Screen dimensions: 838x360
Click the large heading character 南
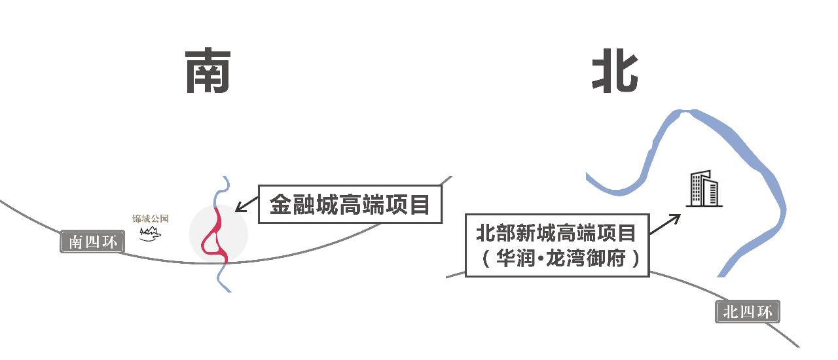(208, 71)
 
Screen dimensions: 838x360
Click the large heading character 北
(615, 71)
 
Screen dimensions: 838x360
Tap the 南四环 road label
(92, 242)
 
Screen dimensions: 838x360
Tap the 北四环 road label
(748, 312)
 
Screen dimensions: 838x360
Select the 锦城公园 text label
(151, 219)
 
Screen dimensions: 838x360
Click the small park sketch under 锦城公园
(151, 232)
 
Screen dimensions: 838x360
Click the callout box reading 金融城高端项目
(350, 205)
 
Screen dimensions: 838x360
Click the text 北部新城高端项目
(556, 232)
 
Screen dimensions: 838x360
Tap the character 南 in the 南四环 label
(75, 242)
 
